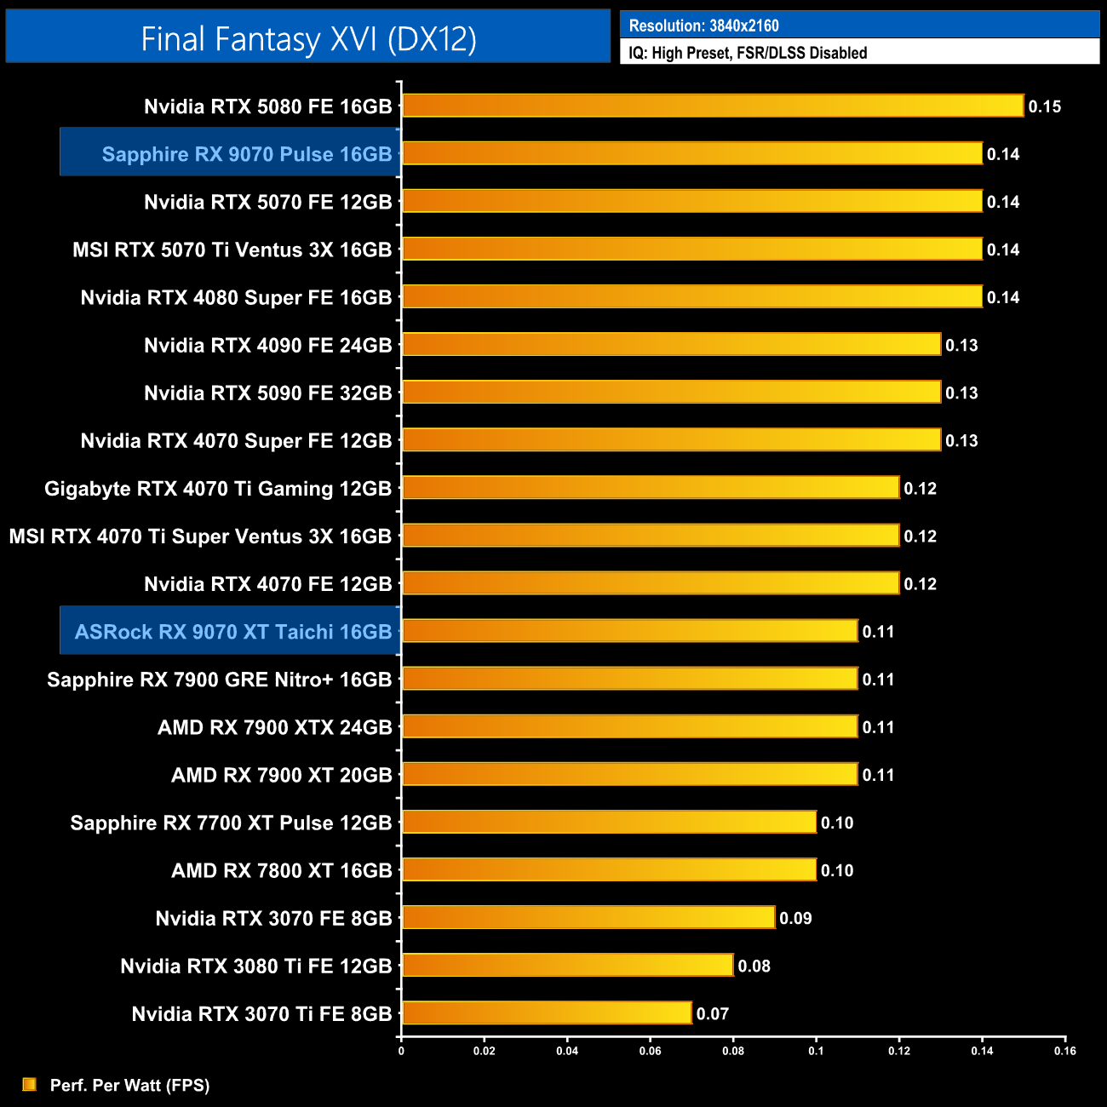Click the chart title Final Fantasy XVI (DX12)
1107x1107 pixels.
(x=308, y=39)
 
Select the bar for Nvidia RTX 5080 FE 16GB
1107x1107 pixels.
(x=712, y=106)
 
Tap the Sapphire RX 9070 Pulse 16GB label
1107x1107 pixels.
(x=246, y=154)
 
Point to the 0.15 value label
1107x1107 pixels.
(x=1044, y=106)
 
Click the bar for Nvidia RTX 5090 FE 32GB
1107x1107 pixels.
(x=671, y=392)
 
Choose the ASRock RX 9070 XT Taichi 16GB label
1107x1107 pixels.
(x=232, y=632)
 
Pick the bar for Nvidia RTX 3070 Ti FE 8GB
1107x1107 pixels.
(x=546, y=1012)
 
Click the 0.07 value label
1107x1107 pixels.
(x=712, y=1013)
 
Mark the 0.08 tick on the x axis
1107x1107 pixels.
(x=733, y=1051)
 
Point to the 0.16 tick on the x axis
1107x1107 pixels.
(x=1064, y=1051)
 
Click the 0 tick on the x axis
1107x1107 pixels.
(x=401, y=1051)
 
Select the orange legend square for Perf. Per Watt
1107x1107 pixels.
(x=30, y=1084)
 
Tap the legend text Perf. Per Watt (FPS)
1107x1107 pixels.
(x=129, y=1085)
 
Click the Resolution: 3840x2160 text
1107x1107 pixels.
(x=703, y=26)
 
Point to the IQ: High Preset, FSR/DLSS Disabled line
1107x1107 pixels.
(x=748, y=53)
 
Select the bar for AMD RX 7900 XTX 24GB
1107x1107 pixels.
(x=629, y=726)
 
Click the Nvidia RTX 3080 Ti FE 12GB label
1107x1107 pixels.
(x=255, y=966)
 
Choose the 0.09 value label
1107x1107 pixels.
(x=795, y=918)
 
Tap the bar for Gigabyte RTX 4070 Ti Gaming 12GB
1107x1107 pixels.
(x=651, y=487)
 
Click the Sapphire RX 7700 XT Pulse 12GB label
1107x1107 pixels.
(x=231, y=823)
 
